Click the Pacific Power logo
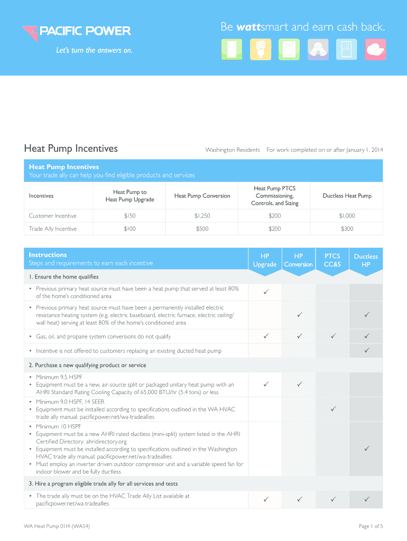tap(76, 32)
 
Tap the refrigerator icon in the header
tap(230, 49)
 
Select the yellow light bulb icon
tap(260, 49)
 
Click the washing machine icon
tap(289, 49)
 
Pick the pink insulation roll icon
tap(375, 49)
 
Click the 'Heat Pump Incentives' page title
tap(71, 148)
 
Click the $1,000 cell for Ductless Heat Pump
tap(347, 216)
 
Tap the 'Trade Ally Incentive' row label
tap(53, 229)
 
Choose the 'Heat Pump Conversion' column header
tap(202, 196)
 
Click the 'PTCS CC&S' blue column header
tap(332, 260)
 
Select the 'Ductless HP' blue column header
tap(366, 260)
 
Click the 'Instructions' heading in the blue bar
tap(48, 255)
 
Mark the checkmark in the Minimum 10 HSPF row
tap(366, 449)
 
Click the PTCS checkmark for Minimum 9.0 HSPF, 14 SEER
tap(332, 409)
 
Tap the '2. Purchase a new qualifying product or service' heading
tap(87, 365)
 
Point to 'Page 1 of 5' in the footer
tap(371, 526)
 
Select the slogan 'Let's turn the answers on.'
tap(87, 51)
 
